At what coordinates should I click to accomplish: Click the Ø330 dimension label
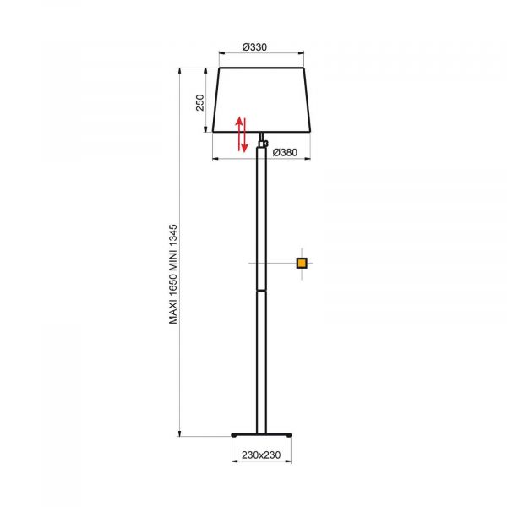255,47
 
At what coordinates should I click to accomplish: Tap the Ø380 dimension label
285,152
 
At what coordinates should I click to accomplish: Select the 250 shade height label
200,102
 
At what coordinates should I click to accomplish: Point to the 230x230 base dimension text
261,455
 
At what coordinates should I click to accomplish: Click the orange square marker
302,263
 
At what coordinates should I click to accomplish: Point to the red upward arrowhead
239,122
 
